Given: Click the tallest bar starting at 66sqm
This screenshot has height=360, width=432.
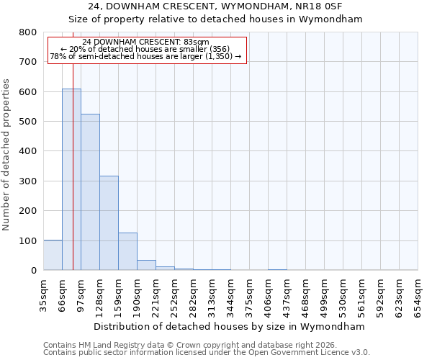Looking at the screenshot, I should [71, 179].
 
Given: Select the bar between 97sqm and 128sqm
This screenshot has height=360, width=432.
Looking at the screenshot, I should [90, 192].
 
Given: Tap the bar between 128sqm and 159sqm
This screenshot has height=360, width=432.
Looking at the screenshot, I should [109, 222].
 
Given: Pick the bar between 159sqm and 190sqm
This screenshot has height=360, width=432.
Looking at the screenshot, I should [127, 251].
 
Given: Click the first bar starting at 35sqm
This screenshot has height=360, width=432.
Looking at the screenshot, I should [53, 255].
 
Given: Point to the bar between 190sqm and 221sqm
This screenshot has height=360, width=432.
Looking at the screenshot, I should [146, 265].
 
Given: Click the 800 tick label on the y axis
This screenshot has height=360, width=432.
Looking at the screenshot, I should [27, 32].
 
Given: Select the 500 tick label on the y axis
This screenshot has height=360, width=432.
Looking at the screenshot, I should [27, 122].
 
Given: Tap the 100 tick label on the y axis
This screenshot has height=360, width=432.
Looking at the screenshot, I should [27, 240].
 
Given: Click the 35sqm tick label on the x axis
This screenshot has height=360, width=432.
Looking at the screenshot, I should [44, 293].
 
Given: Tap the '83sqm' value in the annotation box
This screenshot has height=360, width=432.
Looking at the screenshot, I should [195, 42].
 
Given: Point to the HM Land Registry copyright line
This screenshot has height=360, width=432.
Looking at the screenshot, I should [184, 345].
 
